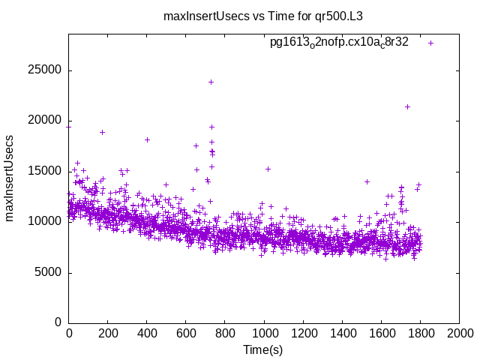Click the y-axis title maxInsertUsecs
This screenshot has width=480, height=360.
pyautogui.click(x=10, y=178)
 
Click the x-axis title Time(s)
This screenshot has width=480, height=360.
pyautogui.click(x=262, y=350)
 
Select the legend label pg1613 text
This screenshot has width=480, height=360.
pyautogui.click(x=339, y=43)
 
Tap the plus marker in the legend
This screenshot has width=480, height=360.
pyautogui.click(x=430, y=43)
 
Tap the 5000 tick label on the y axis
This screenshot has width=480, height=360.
pyautogui.click(x=49, y=272)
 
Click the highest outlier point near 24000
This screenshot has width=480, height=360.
pyautogui.click(x=211, y=82)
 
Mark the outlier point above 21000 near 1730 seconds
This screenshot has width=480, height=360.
pyautogui.click(x=407, y=106)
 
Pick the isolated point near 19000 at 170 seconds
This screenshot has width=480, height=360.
pyautogui.click(x=102, y=132)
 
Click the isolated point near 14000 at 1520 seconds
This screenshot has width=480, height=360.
pyautogui.click(x=367, y=181)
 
